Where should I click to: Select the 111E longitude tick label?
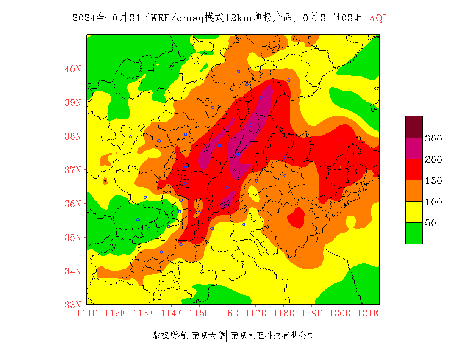(x=87, y=313)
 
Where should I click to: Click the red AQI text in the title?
(x=378, y=18)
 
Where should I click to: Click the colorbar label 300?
(x=433, y=138)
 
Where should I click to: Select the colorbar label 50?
(x=430, y=223)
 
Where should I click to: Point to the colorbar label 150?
(x=433, y=181)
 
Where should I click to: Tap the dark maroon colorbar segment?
(x=414, y=127)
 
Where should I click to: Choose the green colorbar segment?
(x=414, y=233)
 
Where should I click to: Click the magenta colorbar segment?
(x=414, y=148)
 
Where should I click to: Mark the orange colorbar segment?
(x=414, y=191)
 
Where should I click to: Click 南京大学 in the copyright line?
(x=208, y=336)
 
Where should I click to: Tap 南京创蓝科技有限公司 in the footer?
(x=272, y=336)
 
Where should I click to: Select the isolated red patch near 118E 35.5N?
(x=296, y=219)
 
